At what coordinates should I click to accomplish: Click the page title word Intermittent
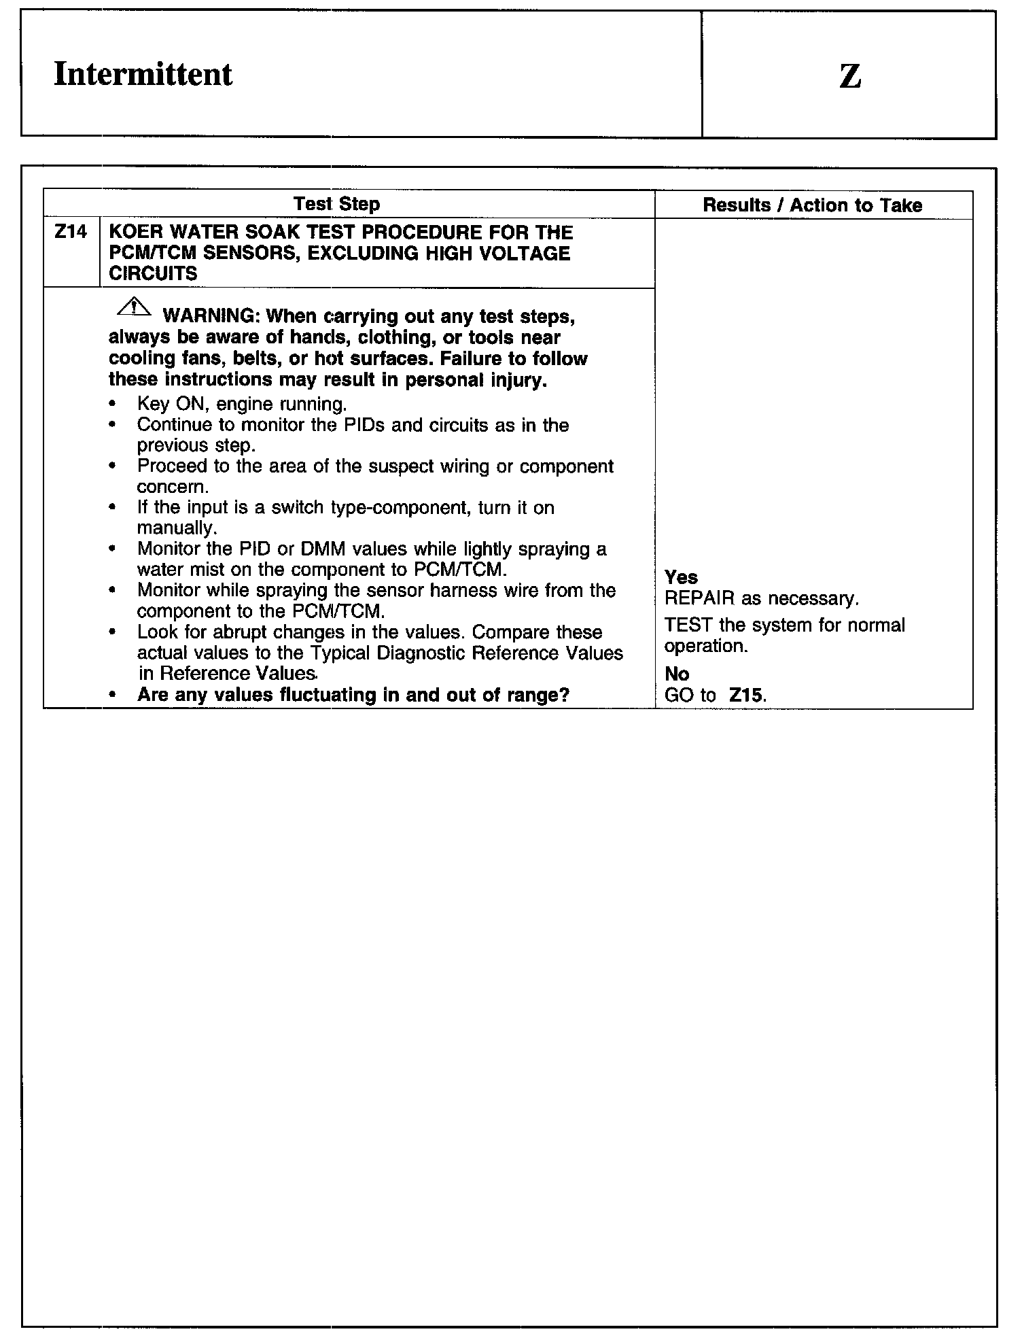pos(143,74)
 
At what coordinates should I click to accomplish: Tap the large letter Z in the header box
pos(850,76)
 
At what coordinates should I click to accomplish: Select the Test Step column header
pos(336,204)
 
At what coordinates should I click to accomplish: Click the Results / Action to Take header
pos(812,205)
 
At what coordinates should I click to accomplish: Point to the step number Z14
pos(71,233)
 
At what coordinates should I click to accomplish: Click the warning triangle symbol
pos(135,308)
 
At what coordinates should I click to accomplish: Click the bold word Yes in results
pos(681,577)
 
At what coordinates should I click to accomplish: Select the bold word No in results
pos(677,674)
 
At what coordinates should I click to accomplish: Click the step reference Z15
pos(746,696)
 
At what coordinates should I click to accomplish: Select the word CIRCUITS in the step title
pos(153,274)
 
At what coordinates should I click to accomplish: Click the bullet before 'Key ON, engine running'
pos(112,404)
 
